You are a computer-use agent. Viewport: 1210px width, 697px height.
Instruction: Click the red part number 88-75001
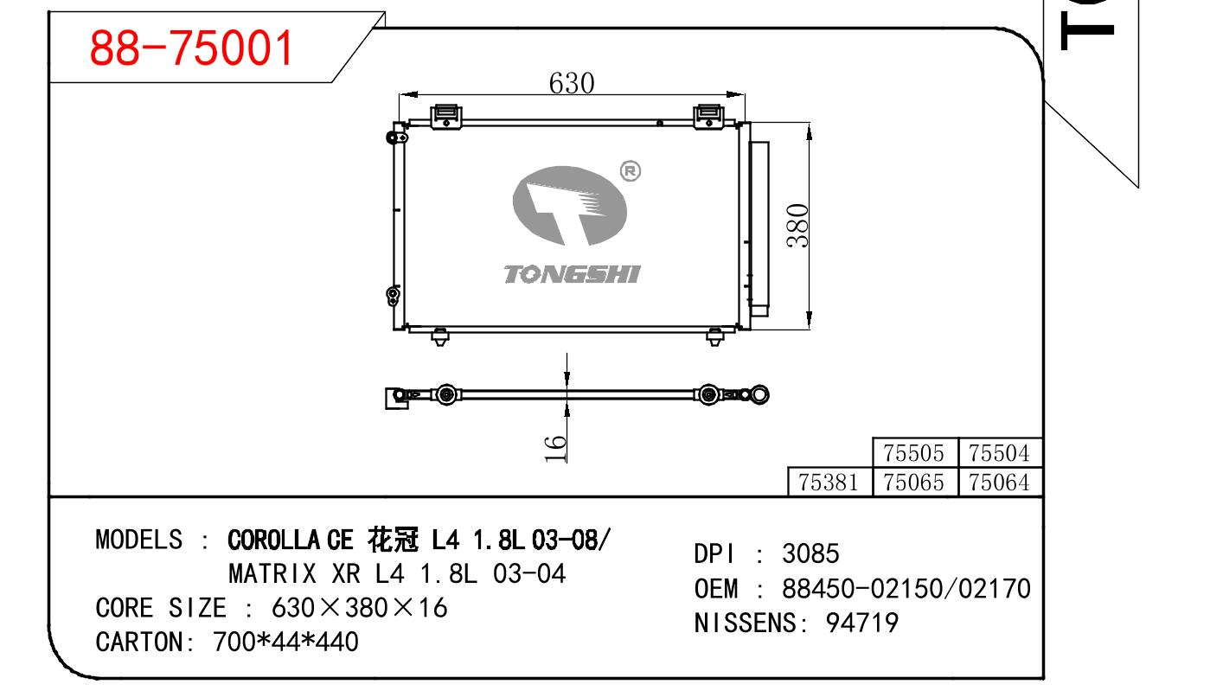tap(191, 48)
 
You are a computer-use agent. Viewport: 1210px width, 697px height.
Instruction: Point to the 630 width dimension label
tap(572, 83)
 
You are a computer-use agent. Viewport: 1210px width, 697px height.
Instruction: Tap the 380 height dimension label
tap(797, 226)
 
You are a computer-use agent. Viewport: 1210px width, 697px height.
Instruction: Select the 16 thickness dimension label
tap(554, 449)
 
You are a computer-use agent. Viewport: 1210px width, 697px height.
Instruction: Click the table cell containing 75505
tap(914, 452)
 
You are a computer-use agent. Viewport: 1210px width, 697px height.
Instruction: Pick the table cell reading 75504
tap(1000, 452)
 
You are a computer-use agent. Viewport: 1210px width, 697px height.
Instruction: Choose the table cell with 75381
tap(829, 482)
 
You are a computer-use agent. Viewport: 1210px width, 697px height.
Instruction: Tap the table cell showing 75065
tap(914, 482)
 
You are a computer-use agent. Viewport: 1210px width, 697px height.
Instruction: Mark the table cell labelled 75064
tap(1000, 482)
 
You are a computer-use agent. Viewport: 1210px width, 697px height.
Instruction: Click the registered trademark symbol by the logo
tap(630, 171)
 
